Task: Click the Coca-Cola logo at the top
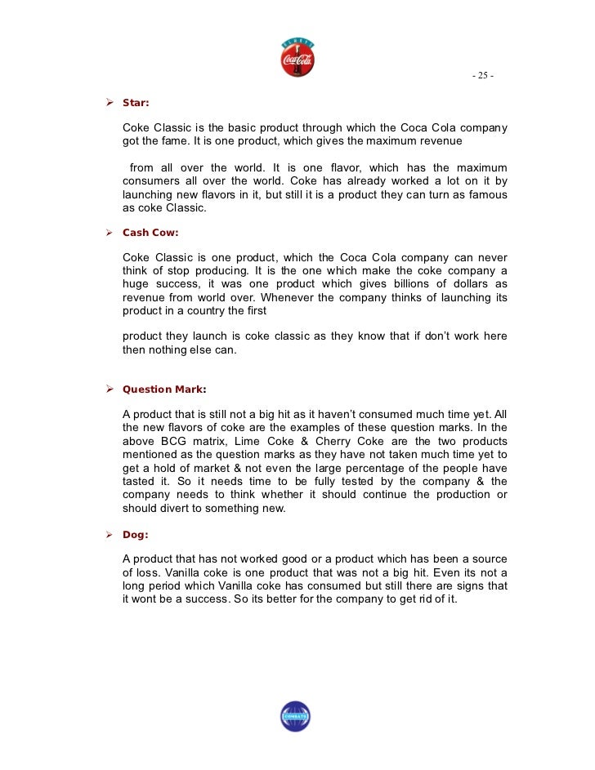click(x=297, y=56)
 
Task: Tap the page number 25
click(x=482, y=76)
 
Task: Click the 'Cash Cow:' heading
click(x=150, y=233)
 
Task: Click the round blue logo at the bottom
click(x=295, y=716)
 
